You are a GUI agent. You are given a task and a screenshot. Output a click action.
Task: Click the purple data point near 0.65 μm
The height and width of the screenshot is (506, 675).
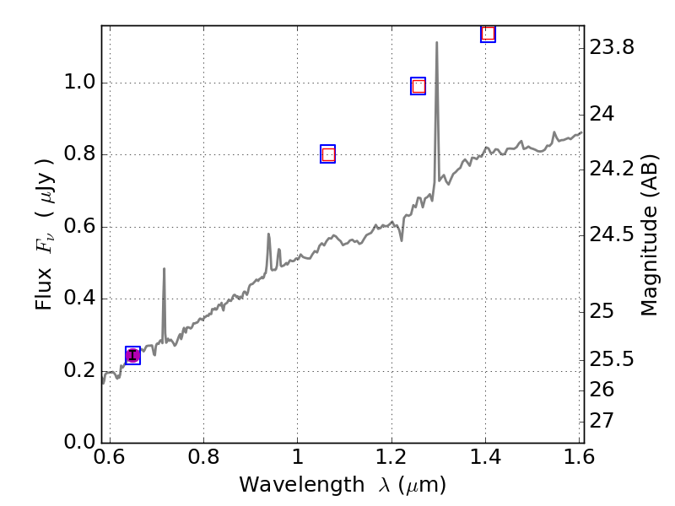[x=132, y=355]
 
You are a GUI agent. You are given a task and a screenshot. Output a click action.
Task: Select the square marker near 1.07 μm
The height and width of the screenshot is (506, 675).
[x=328, y=154]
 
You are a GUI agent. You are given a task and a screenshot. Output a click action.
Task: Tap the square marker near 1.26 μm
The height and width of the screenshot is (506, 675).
[x=418, y=86]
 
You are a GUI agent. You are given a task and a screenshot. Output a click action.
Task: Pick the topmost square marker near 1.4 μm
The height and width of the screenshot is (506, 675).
[x=488, y=34]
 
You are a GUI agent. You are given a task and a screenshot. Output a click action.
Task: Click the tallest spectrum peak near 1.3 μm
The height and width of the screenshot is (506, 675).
[x=436, y=43]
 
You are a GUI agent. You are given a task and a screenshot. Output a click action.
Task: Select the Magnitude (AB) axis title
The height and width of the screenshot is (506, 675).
[x=650, y=234]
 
